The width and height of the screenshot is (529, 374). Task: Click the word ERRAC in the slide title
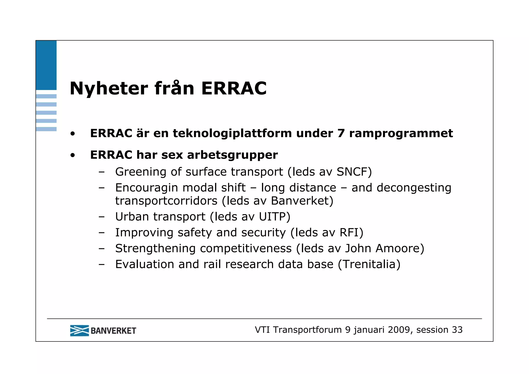click(234, 89)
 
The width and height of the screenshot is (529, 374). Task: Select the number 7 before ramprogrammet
click(341, 134)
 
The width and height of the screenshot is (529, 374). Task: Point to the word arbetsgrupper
click(232, 155)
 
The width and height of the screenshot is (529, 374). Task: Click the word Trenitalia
click(369, 264)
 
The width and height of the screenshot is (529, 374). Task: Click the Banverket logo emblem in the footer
click(79, 331)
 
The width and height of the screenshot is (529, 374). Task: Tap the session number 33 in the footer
click(457, 330)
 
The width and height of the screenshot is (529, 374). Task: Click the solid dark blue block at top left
click(46, 65)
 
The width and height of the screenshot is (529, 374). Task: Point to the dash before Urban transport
click(102, 217)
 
